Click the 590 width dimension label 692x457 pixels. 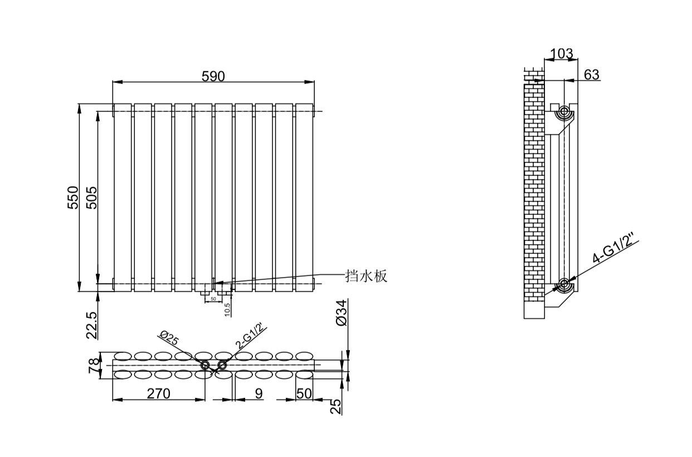213,76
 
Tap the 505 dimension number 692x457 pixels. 92,198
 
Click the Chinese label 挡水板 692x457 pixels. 366,276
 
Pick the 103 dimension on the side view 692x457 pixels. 561,54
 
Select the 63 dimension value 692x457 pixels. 592,74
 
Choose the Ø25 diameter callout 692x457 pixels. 168,338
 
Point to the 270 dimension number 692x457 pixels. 158,394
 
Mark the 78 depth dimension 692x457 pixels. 94,365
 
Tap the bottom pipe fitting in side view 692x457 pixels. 564,284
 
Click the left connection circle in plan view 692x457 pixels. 206,365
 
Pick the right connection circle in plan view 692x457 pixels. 222,365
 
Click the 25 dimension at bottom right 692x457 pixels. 335,406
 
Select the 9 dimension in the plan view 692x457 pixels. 258,394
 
